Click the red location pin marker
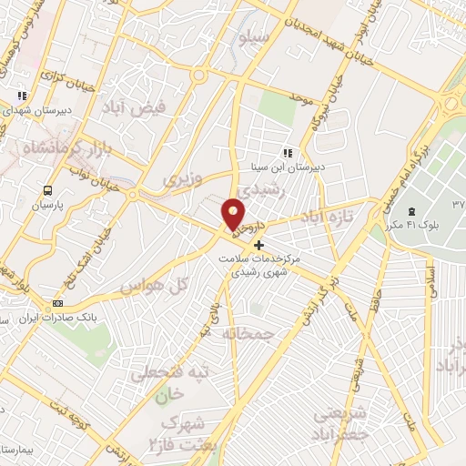235,214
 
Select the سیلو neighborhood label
254,38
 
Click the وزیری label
181,179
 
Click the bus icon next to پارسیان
47,191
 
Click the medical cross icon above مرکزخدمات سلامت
259,245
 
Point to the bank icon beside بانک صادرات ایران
58,303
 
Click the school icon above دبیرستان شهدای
22,95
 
